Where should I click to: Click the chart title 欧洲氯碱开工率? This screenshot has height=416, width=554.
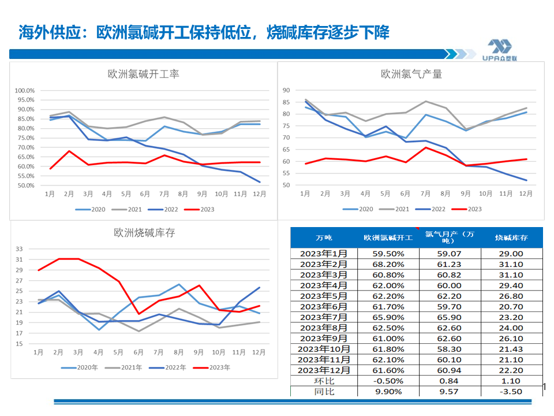(x=144, y=75)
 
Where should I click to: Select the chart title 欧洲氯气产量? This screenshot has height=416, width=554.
(x=411, y=74)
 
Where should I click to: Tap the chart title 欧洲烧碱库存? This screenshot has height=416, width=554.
(x=144, y=233)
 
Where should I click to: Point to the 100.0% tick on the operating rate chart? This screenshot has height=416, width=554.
(x=25, y=91)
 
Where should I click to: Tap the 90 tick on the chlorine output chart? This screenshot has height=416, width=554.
(x=285, y=90)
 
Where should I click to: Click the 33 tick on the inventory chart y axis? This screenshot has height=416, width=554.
(x=19, y=249)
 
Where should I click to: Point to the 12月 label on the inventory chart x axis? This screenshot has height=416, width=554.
(x=259, y=352)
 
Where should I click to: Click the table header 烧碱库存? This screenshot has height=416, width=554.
(x=512, y=237)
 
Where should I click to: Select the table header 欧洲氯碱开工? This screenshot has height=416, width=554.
(x=388, y=237)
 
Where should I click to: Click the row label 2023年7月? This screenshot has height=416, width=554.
(x=324, y=317)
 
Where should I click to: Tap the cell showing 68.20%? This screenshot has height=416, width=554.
(x=388, y=264)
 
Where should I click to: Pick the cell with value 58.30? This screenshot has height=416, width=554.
(x=450, y=349)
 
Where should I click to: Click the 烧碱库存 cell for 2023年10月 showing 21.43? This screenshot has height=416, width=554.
(x=512, y=349)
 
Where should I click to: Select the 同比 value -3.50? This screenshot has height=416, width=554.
(x=512, y=391)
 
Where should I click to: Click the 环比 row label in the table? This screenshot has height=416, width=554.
(x=324, y=381)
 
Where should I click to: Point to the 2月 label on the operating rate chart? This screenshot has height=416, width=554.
(x=69, y=194)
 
